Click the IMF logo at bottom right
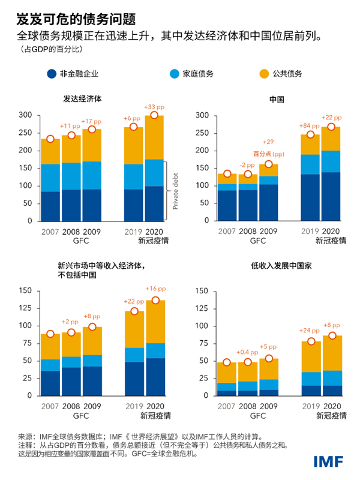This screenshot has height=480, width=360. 329,461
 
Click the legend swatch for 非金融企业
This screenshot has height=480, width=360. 52,74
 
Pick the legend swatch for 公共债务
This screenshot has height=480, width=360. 262,74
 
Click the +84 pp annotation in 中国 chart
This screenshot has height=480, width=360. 308,126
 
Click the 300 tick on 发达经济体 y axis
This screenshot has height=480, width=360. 27,115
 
